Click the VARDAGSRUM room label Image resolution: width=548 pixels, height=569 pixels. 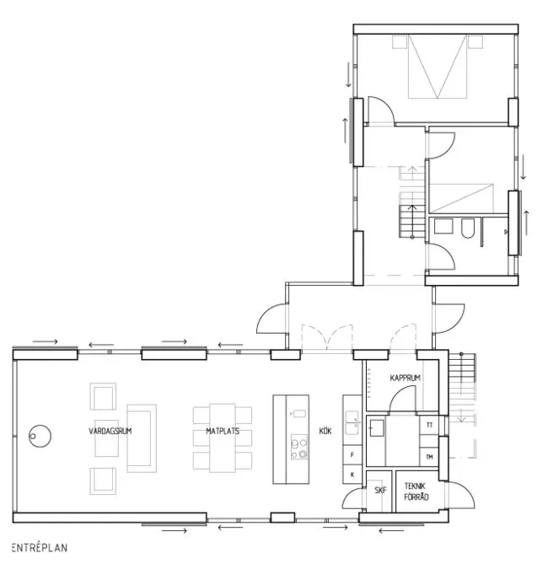[x=110, y=432]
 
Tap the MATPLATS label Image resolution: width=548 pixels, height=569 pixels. [x=223, y=432]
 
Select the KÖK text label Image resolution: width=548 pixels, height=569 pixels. [x=325, y=432]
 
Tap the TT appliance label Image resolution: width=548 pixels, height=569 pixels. [x=430, y=425]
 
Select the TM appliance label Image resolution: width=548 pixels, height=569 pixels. [x=430, y=457]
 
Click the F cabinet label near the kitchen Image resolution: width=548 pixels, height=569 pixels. [x=351, y=455]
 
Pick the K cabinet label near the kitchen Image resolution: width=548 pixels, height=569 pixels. [x=351, y=475]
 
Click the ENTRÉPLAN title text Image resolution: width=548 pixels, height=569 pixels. [x=40, y=547]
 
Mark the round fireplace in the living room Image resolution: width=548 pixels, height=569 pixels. [x=38, y=436]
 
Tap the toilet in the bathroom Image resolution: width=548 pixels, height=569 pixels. [x=468, y=230]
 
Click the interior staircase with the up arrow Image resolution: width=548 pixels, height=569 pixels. [x=411, y=221]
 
